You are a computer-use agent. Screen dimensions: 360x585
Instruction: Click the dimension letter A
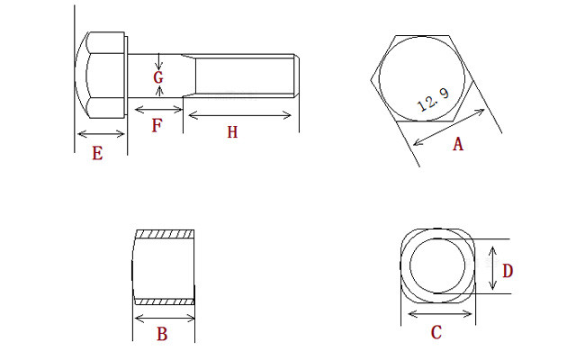(x=457, y=144)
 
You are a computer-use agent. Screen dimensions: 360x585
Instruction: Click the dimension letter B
(x=162, y=335)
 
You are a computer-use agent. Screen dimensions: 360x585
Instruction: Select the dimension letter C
(x=436, y=333)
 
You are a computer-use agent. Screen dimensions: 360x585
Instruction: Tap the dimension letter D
(x=507, y=270)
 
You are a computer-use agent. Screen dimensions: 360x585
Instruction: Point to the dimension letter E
(x=97, y=153)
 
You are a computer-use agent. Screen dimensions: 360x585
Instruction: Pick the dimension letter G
(x=158, y=78)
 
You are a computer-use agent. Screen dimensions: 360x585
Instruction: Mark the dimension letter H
(x=232, y=132)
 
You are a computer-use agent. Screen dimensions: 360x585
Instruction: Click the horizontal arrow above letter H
(x=239, y=115)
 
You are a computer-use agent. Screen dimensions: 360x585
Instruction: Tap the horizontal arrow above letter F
(x=158, y=110)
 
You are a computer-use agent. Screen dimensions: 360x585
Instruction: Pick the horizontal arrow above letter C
(x=440, y=314)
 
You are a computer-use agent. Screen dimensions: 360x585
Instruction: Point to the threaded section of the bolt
(x=243, y=76)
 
